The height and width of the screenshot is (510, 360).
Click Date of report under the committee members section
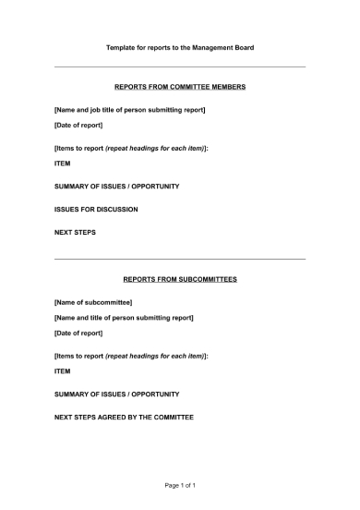78,125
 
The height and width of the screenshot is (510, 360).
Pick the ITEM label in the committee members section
63,164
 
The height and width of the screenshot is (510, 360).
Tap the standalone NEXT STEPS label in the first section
75,232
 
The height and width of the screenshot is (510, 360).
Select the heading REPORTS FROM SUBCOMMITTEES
180,278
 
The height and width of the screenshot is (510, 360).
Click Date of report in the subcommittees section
78,333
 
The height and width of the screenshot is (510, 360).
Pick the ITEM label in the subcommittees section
63,370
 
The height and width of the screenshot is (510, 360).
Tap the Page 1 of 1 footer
180,485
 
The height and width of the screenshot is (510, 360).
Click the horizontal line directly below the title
180,67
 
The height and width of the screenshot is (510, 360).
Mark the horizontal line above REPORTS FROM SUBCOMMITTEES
180,259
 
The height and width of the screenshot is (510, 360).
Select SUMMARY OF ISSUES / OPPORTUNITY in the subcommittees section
116,395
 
